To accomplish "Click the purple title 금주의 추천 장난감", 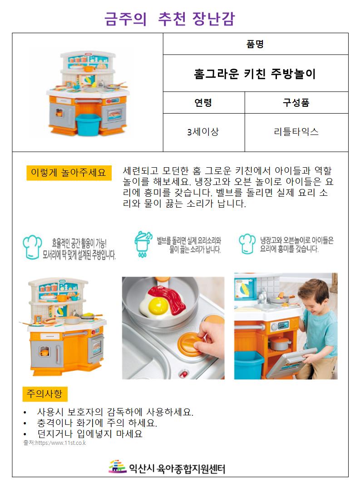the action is coord(170,19).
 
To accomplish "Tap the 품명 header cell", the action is coord(255,44).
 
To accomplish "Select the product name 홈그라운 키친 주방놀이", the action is coord(255,74).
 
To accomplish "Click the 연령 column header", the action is coord(203,103).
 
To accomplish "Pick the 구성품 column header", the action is coord(296,103).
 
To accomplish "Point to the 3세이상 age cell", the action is coord(203,131).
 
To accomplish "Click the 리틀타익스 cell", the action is coord(296,131).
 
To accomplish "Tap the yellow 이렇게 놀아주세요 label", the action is coord(69,173).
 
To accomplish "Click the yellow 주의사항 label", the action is coord(45,394).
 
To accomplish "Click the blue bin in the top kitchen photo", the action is coord(88,124).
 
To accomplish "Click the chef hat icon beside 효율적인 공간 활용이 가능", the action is coord(32,247).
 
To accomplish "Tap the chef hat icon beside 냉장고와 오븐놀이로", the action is coord(247,244).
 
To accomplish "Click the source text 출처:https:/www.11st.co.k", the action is coord(54,443).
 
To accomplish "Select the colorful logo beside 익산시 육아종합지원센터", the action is coord(118,467).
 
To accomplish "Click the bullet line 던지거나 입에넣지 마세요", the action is coord(90,433).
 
